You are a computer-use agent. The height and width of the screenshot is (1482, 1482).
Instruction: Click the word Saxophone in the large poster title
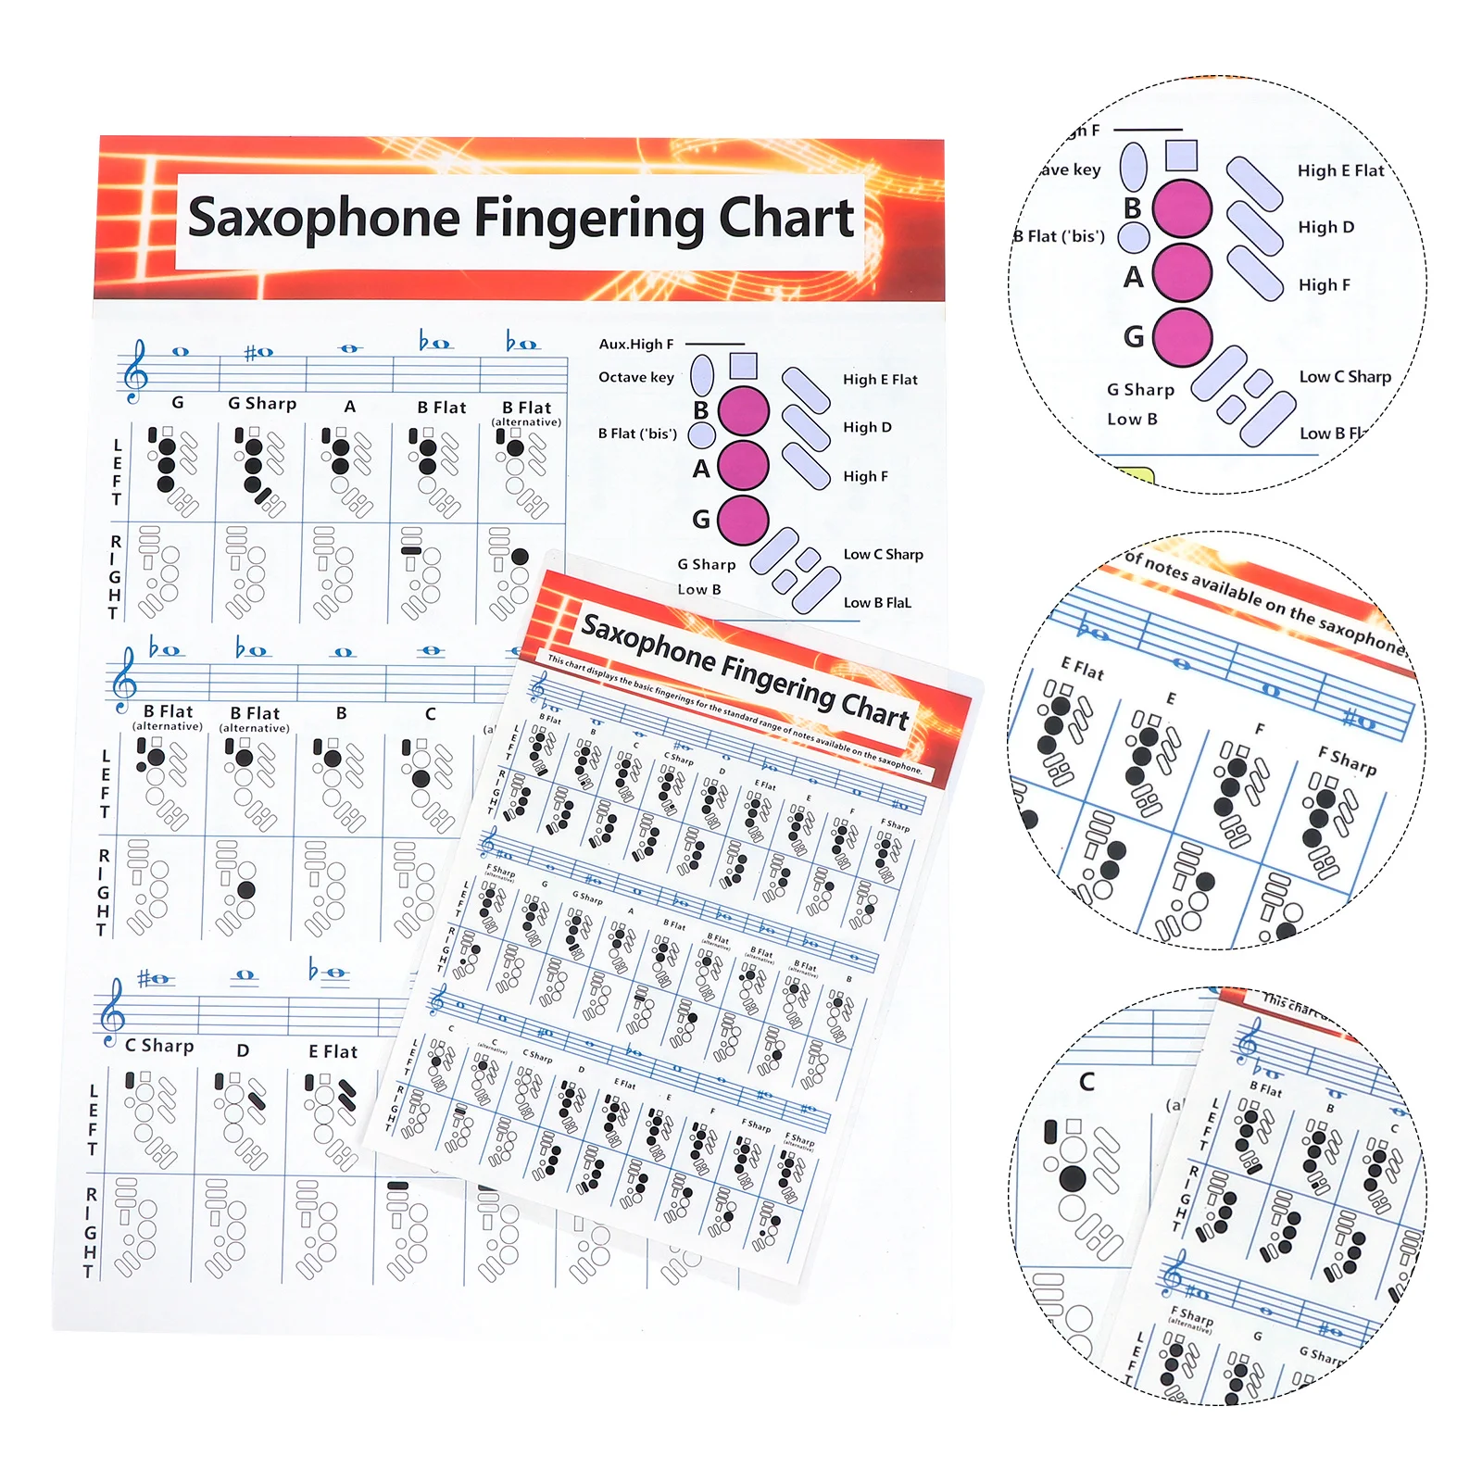323,219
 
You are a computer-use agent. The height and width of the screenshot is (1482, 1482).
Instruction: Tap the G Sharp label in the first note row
262,404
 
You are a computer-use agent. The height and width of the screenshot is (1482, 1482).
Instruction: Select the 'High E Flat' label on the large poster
879,380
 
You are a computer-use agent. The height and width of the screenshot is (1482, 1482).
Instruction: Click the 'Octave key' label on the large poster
635,377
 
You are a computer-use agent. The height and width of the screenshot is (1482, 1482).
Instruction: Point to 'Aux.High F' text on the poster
635,344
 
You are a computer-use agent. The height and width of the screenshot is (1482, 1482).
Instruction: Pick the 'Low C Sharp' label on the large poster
883,554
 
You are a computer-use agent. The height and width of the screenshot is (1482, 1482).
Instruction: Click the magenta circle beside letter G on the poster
743,520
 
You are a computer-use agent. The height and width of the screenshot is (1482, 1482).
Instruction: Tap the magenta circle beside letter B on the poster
743,411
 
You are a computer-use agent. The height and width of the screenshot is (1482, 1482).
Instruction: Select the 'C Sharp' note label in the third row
159,1046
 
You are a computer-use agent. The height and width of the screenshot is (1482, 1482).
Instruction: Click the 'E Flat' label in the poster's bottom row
333,1051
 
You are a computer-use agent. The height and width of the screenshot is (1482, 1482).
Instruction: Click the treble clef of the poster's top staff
135,371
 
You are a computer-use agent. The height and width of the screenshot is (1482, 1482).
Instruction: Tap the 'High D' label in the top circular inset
1325,227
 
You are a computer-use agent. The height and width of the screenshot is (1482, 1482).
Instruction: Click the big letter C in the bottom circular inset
1086,1082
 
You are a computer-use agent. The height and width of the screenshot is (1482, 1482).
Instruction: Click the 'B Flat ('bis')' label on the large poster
636,433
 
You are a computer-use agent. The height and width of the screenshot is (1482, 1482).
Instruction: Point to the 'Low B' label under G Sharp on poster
698,589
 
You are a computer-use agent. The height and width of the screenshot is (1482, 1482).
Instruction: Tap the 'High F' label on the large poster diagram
865,476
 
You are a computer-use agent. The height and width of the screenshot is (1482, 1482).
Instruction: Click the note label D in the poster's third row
243,1050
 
